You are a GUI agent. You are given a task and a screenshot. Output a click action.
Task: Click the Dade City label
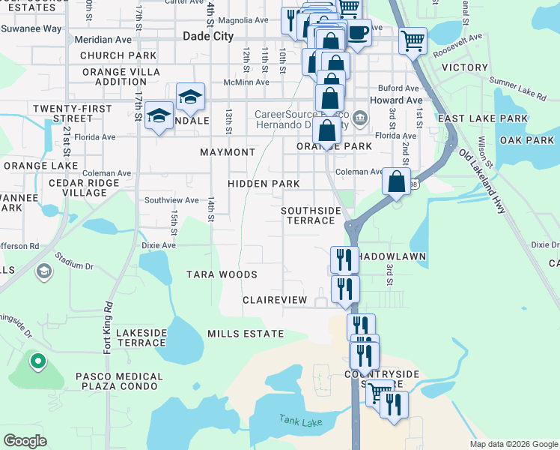tap(208, 36)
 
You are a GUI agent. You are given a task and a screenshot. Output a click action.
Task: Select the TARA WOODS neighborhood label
tap(222, 274)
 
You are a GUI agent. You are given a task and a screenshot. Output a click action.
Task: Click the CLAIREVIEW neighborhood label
tap(275, 300)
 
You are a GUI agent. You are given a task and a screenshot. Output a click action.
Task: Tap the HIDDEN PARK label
tap(264, 184)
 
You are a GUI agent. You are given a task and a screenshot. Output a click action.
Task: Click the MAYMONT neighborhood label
tap(228, 152)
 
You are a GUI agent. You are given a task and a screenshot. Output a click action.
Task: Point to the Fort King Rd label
tap(109, 328)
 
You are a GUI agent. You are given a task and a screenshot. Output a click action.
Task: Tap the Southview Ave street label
tap(171, 200)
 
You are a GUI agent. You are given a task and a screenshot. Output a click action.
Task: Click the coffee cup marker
tap(358, 33)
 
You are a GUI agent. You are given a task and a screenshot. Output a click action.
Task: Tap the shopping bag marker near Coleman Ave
tap(396, 181)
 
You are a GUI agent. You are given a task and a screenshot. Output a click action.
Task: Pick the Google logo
tap(25, 440)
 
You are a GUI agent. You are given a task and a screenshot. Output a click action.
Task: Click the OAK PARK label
tap(527, 140)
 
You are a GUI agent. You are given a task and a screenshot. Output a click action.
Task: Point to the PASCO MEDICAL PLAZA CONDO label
tap(118, 381)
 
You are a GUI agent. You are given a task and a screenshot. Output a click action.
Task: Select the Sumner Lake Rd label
tap(517, 87)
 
